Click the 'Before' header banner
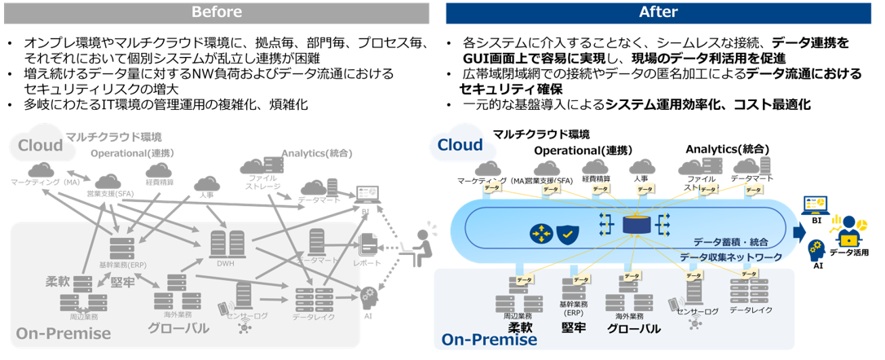[216, 12]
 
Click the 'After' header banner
[658, 12]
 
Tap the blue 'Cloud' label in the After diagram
[460, 145]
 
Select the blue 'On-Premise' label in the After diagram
[489, 339]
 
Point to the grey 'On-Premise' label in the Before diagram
[64, 333]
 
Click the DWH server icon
[227, 244]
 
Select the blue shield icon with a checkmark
[567, 234]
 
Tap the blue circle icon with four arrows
[540, 234]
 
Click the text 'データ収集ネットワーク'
[731, 257]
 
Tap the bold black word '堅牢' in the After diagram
[575, 327]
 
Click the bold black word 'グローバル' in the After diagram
[633, 328]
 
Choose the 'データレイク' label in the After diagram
[751, 310]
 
